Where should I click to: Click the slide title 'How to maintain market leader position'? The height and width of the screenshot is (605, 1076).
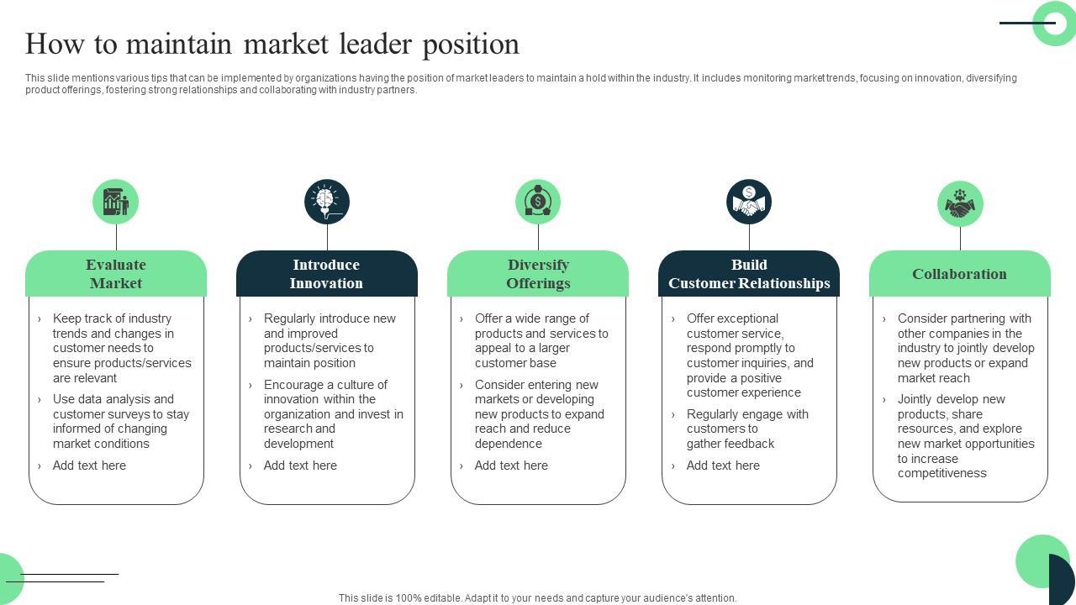pos(272,44)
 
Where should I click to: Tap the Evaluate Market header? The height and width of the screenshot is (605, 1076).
pos(116,274)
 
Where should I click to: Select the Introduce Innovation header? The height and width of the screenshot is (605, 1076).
pos(326,274)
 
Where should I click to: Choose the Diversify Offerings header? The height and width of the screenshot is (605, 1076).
pos(538,274)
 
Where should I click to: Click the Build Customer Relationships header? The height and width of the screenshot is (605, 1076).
pos(749,274)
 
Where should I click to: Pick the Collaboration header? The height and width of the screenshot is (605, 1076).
pos(959,274)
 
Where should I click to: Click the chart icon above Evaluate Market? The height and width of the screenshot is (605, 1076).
pos(115,202)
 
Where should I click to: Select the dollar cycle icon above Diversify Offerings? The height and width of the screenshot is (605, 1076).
pos(538,202)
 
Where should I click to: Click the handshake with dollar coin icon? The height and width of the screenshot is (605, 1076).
pos(749,202)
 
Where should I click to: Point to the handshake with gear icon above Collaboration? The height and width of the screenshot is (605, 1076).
pos(960,203)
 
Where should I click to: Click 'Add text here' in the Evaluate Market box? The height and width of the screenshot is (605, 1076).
pos(89,466)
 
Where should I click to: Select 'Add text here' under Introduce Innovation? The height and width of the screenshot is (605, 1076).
pos(300,466)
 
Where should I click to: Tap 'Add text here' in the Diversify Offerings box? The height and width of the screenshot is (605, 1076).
pos(511,466)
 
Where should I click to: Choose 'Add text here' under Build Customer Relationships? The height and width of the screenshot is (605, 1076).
pos(723,466)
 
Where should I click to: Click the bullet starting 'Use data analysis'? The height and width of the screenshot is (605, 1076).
pos(121,422)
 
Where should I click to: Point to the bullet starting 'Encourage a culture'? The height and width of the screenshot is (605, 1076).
pos(333,414)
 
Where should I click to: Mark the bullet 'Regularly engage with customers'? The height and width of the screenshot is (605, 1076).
pos(747,429)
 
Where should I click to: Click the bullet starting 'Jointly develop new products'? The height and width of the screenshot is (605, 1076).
pos(965,436)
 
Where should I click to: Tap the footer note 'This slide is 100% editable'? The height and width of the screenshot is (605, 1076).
pos(538,598)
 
